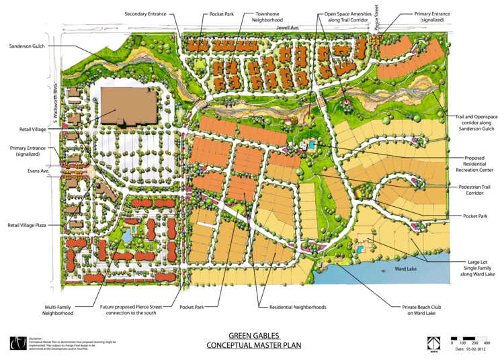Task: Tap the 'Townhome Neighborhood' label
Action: click(257, 16)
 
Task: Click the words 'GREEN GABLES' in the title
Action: click(253, 335)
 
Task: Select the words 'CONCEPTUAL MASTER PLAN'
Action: click(253, 346)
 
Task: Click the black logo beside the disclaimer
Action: click(15, 343)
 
